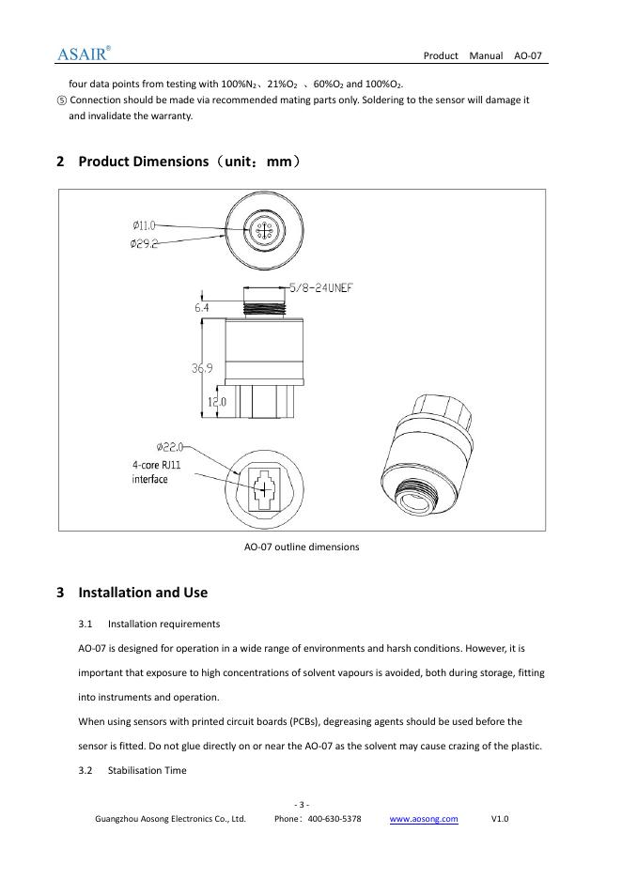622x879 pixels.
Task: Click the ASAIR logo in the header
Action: click(x=85, y=53)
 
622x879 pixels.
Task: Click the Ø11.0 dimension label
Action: click(x=146, y=225)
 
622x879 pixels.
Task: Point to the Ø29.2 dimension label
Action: click(x=146, y=243)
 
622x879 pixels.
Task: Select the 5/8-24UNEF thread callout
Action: click(x=320, y=288)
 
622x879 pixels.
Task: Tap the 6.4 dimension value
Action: click(x=202, y=307)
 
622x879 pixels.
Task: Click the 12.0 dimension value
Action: click(x=215, y=402)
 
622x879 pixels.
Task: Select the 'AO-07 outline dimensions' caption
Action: click(x=302, y=547)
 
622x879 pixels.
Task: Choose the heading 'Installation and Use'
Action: click(x=142, y=593)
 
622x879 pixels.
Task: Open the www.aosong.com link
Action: click(x=424, y=819)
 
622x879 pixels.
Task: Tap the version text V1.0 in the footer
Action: click(x=500, y=819)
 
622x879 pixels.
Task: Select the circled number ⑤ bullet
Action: click(x=62, y=100)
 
